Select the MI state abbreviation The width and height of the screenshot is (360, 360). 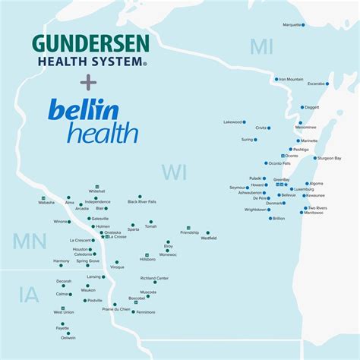tap(261, 47)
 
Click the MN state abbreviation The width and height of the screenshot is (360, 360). tap(24, 242)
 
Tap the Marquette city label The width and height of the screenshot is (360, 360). tap(292, 25)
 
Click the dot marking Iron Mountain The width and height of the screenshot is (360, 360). tap(276, 79)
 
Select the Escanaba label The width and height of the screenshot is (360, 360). tap(316, 84)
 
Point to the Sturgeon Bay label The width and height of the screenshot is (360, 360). tap(328, 159)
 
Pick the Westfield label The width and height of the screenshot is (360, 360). tap(208, 238)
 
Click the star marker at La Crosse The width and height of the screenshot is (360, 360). tap(104, 237)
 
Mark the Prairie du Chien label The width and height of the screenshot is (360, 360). tap(116, 309)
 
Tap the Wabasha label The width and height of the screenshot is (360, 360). tap(47, 204)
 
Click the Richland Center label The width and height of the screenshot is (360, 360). tap(154, 278)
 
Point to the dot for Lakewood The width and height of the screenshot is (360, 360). tap(245, 122)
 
